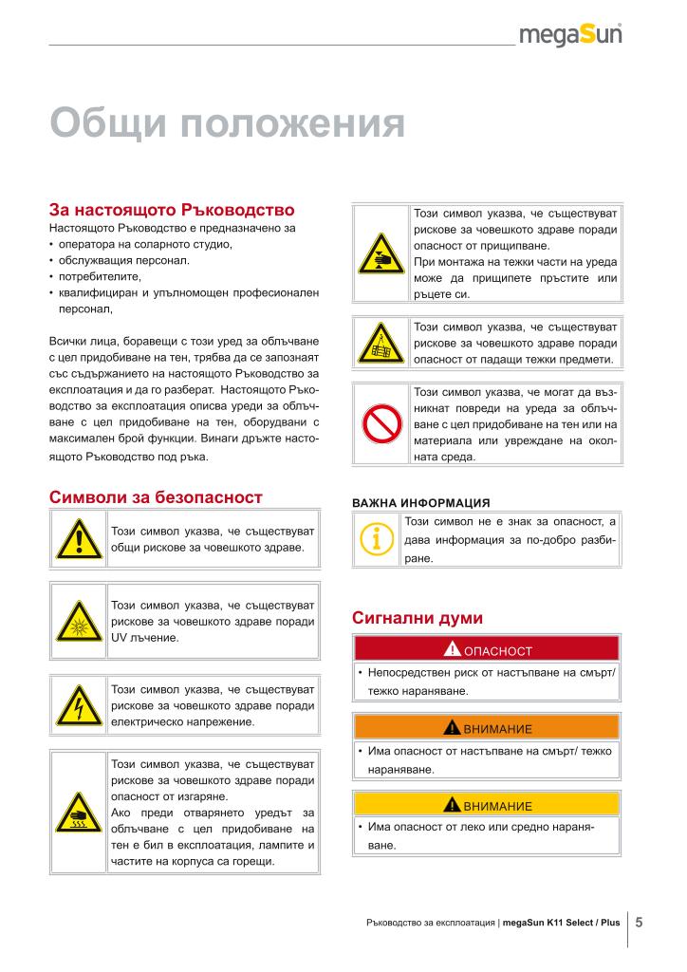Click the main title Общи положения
(x=227, y=123)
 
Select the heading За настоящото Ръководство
(x=172, y=209)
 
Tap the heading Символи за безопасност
(x=156, y=497)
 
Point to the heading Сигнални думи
(x=418, y=618)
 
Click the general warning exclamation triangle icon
(x=78, y=539)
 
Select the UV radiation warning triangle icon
(x=78, y=622)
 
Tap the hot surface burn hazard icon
(x=78, y=812)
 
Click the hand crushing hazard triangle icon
(x=381, y=253)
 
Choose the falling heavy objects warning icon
(x=381, y=345)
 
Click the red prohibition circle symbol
(x=381, y=423)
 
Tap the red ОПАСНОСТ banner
(x=486, y=649)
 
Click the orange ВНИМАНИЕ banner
(x=486, y=728)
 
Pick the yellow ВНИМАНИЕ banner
(x=486, y=805)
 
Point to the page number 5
(x=640, y=922)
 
